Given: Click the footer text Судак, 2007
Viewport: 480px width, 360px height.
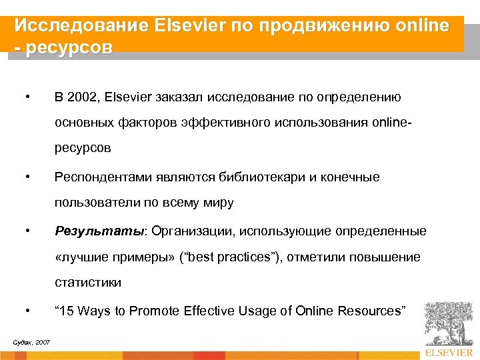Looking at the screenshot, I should (31, 342).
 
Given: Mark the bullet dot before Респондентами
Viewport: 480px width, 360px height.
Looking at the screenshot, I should (27, 177).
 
